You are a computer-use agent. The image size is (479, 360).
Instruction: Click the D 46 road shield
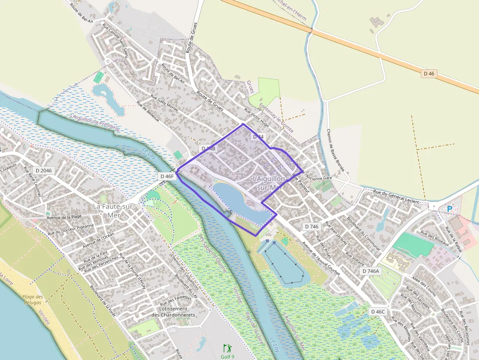click(x=429, y=73)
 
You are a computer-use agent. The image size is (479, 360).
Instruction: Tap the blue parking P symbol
click(x=449, y=209)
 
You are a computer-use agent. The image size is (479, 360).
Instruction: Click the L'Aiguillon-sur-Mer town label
click(x=269, y=183)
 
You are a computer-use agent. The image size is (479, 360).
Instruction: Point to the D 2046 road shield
click(x=44, y=170)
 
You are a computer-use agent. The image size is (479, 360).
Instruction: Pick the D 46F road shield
click(x=167, y=176)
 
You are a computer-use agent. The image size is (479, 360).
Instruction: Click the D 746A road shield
click(x=371, y=271)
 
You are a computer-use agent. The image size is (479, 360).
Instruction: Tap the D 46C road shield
click(x=378, y=311)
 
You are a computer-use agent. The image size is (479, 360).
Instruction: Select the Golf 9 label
click(x=227, y=356)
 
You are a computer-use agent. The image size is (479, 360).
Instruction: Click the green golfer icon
click(x=227, y=348)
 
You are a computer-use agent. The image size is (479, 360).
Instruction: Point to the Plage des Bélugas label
click(x=33, y=299)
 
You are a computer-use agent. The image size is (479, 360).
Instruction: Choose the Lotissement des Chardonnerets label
click(x=173, y=312)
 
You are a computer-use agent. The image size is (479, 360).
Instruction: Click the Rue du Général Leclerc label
click(x=396, y=197)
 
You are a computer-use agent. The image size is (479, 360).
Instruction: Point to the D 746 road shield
click(x=311, y=226)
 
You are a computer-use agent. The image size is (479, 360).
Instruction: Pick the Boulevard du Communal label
click(x=363, y=233)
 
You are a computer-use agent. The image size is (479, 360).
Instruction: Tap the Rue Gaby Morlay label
click(x=164, y=103)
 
